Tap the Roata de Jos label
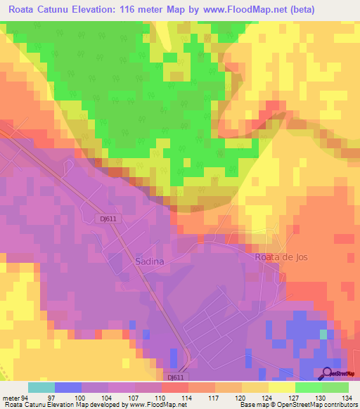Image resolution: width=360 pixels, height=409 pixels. point(281,257)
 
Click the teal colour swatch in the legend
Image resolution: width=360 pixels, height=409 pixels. point(41,387)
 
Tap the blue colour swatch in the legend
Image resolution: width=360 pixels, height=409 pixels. point(68,387)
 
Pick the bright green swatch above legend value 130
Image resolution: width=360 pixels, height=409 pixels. point(308,387)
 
